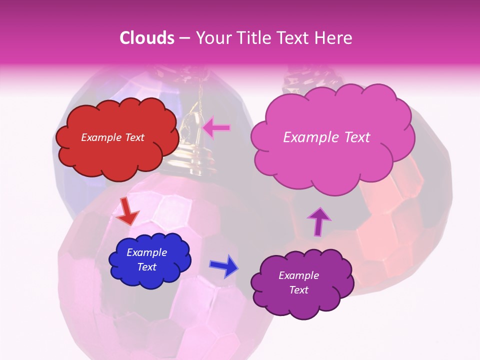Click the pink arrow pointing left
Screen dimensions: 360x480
[216, 128]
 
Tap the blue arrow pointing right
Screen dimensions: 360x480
[224, 266]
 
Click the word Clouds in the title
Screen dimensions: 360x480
[147, 38]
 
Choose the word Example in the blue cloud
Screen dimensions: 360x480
[146, 252]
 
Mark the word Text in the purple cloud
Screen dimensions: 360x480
[298, 290]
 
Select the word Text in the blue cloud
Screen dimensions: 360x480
[146, 267]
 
